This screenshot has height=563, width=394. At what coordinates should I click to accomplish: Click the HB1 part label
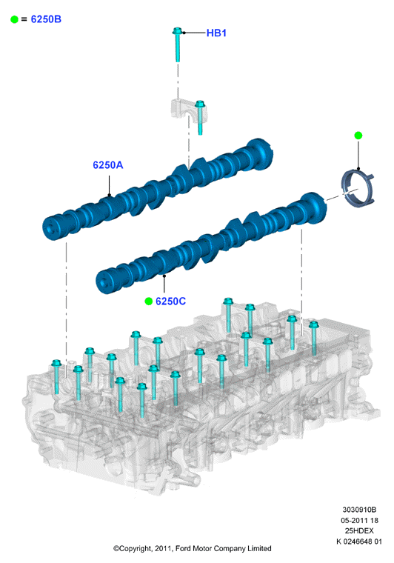coord(216,33)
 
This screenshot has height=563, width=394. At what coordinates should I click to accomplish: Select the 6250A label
coord(107,164)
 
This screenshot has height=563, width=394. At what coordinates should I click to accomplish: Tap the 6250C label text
coord(170,302)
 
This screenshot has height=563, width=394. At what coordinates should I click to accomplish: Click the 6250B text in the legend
coord(46,19)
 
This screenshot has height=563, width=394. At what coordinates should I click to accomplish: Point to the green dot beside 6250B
coord(14,19)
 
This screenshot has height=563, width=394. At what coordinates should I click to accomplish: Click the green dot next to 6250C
coord(149,302)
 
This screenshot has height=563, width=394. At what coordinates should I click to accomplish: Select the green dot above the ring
coord(358,136)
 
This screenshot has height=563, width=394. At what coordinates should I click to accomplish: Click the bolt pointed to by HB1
coord(177,44)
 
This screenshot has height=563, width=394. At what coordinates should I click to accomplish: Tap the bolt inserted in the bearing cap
coord(200,118)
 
